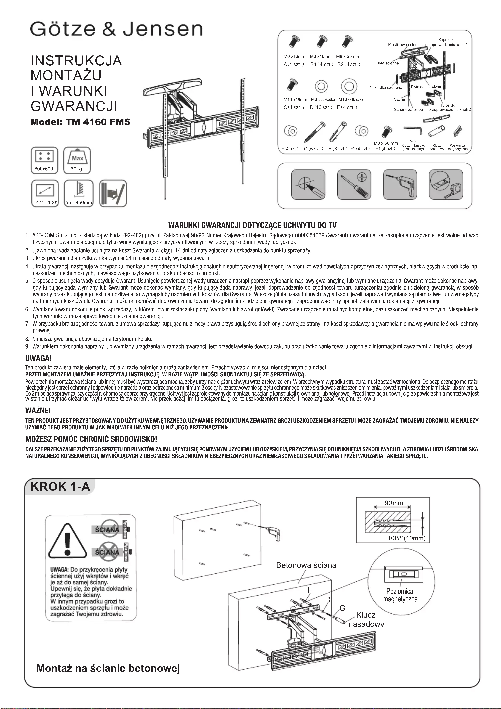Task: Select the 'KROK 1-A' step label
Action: pyautogui.click(x=60, y=486)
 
